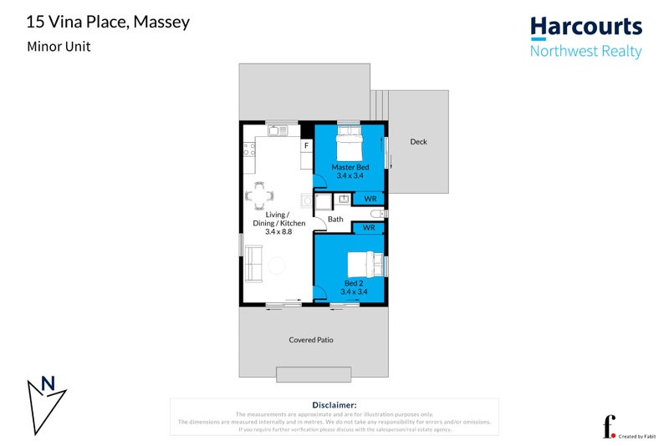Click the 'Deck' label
418,142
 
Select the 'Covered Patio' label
311,340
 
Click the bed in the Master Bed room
349,147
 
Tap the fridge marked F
306,146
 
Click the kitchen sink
277,131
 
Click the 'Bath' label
335,220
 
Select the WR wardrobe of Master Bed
369,199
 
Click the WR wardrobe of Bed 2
369,227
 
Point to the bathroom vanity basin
343,199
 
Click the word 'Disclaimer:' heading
334,404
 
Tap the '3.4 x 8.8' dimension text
278,231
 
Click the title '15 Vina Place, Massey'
108,21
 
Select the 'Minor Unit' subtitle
58,47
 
